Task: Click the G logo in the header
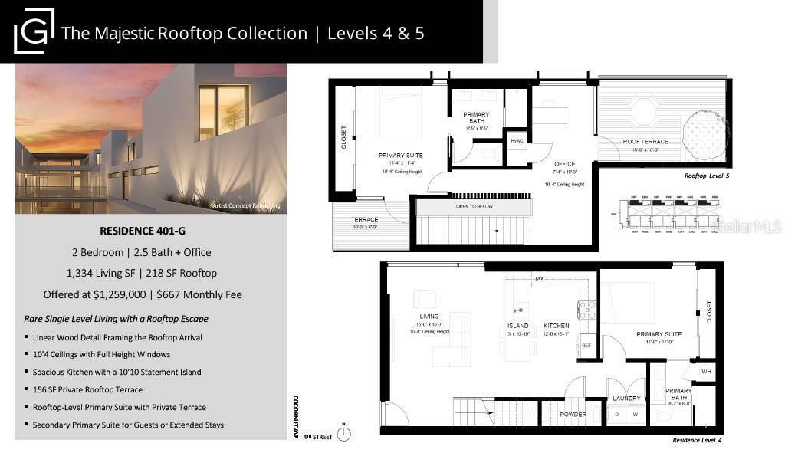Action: [34, 31]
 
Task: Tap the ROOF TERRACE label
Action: [645, 142]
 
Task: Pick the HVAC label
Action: [517, 141]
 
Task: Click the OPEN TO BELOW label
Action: [473, 206]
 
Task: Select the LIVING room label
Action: [429, 317]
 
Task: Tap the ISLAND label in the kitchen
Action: [518, 326]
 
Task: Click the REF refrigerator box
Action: [586, 346]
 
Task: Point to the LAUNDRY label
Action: [626, 398]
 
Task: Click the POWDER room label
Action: [573, 415]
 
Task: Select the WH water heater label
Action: [706, 372]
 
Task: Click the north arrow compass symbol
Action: [344, 435]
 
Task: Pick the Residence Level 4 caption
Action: [697, 440]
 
